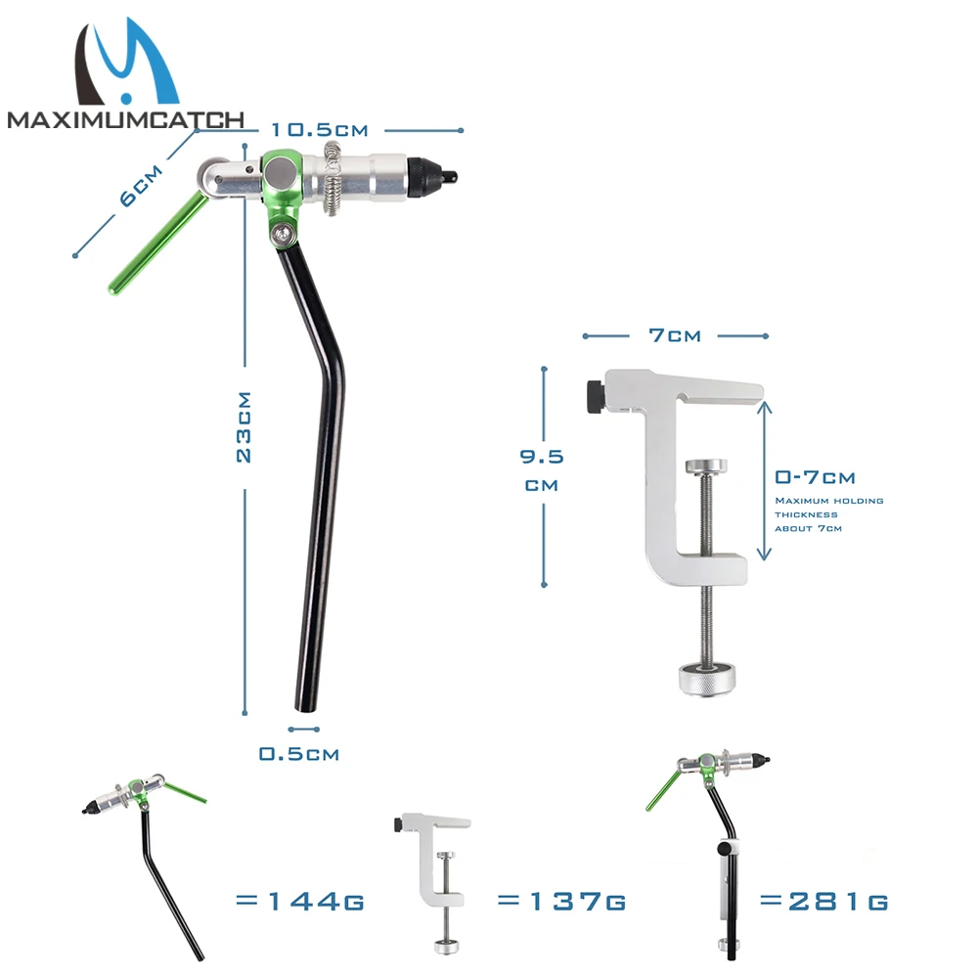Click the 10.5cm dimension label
pos(320,130)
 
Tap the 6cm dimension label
pos(141,186)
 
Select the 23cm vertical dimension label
pos(244,427)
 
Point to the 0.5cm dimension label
pos(299,754)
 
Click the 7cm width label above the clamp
pos(675,335)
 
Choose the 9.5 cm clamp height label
pos(542,470)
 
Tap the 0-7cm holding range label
pos(815,478)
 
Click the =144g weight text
pos(300,902)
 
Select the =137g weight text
pos(561,902)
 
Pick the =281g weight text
pos(823,902)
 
